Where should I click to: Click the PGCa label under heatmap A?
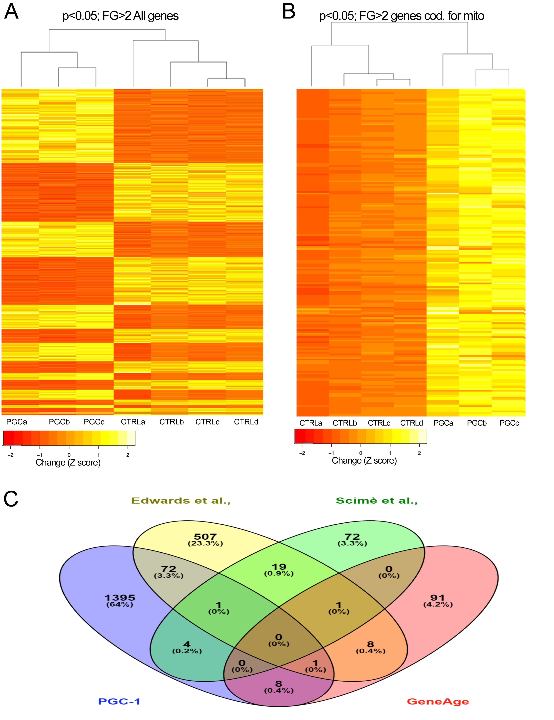(x=16, y=422)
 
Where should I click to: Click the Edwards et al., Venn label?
(x=181, y=501)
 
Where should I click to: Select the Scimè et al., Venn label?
(x=377, y=501)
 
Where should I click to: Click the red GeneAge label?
(x=438, y=702)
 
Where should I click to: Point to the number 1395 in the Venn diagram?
(x=120, y=597)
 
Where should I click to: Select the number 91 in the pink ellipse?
(x=438, y=597)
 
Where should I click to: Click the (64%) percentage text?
(x=120, y=604)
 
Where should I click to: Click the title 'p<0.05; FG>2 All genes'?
(x=120, y=16)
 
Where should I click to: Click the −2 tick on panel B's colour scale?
(x=302, y=453)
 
